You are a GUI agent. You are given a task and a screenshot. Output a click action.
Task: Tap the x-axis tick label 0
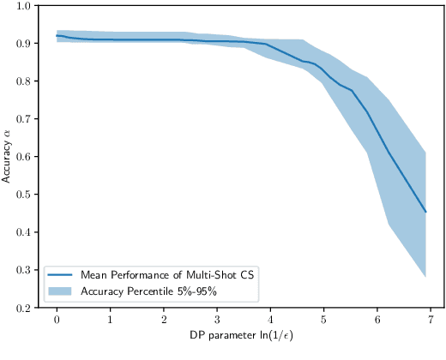pos(57,319)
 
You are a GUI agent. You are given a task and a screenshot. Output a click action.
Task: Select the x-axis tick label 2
pos(163,319)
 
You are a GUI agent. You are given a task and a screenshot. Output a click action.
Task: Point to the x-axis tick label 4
pos(269,319)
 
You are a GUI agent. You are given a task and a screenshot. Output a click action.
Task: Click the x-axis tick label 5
pos(322,319)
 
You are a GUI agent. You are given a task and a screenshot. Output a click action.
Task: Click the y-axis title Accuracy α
pos(7,156)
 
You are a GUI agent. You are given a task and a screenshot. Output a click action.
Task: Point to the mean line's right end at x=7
pos(426,212)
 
